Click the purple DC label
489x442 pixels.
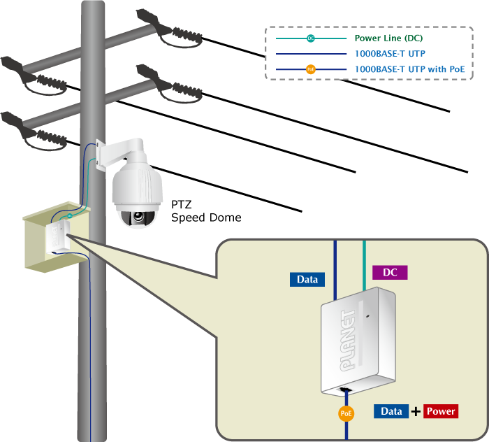coord(390,273)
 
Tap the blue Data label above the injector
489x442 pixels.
coord(307,279)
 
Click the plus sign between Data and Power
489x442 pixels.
coord(416,411)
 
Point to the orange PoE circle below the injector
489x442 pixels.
coord(346,413)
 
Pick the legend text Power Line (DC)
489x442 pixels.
coord(388,38)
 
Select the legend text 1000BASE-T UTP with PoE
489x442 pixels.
coord(409,69)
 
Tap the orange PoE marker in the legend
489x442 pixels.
coord(311,69)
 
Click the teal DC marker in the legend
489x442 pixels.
coord(311,38)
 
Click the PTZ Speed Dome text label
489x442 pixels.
coord(205,211)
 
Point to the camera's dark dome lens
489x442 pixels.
coord(138,218)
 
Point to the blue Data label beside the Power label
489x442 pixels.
coord(391,411)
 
